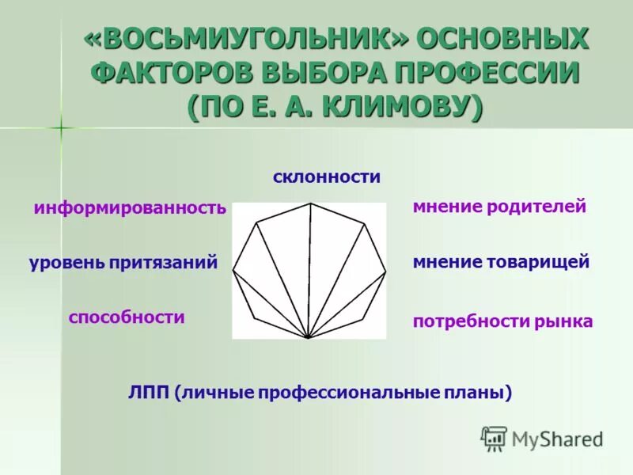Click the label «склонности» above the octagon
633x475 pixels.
coord(327,177)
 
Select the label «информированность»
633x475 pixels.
coord(130,208)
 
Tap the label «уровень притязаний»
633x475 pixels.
coord(123,263)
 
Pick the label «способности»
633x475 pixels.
coord(127,317)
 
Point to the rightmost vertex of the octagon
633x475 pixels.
coord(385,272)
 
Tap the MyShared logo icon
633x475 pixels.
coord(494,438)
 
